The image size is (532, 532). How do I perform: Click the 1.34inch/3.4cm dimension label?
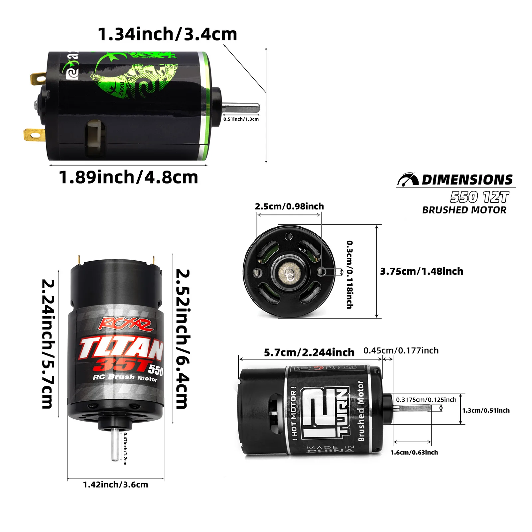coord(167,34)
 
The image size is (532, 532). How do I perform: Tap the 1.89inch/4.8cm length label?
coord(128,177)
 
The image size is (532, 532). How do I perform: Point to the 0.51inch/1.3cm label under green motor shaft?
coord(241,119)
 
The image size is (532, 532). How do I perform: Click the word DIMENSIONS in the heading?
coord(467,180)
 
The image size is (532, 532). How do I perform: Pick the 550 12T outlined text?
coord(479,197)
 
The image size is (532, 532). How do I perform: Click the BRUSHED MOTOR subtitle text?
coord(464,210)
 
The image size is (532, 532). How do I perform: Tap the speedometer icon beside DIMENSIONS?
coord(408,180)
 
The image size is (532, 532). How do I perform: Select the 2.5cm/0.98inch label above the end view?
coord(289,206)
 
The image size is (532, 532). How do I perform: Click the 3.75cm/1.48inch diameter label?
coord(422,271)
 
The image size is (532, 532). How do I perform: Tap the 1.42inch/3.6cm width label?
coord(115,484)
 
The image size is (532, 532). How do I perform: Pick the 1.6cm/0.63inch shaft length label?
coord(414,453)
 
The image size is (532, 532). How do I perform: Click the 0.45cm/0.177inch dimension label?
coord(401,350)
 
